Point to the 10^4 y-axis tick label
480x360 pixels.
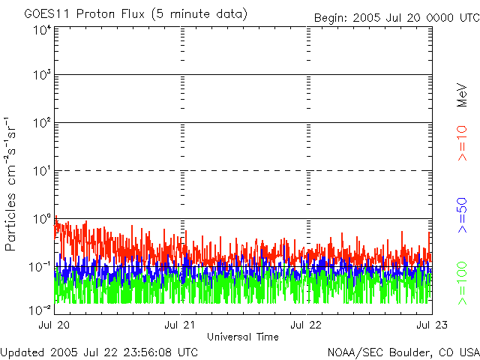click(41, 29)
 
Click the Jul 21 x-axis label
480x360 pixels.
click(181, 325)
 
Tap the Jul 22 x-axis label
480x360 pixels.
click(307, 325)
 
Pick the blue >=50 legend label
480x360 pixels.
click(463, 216)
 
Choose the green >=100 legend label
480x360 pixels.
click(463, 282)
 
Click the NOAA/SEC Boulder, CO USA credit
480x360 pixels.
click(403, 352)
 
